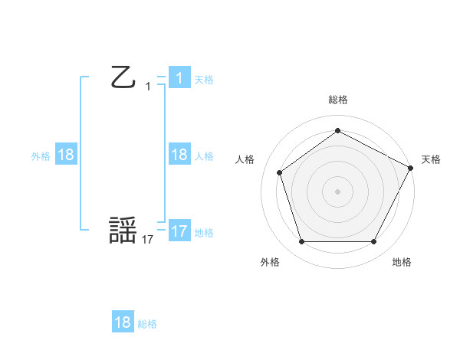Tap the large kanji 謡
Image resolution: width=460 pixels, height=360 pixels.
pos(123,231)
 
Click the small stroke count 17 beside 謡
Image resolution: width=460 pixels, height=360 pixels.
pos(148,240)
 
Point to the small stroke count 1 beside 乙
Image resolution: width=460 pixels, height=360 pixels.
pos(148,87)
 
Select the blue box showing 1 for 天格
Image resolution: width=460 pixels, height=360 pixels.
pos(179,77)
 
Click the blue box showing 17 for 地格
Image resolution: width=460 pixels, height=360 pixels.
pos(179,231)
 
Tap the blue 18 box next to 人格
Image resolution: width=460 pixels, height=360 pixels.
pos(179,154)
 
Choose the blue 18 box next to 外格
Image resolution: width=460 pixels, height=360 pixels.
pos(66,155)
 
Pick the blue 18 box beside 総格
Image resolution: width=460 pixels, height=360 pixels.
pos(123,322)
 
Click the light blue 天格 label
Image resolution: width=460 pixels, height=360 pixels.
pos(204,79)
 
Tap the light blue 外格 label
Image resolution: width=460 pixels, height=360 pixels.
pos(41,155)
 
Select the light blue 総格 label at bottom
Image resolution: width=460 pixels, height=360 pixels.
pos(147,324)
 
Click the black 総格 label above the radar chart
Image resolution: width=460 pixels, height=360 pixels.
pos(337,100)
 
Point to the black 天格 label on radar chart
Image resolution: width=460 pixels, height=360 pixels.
pos(431,159)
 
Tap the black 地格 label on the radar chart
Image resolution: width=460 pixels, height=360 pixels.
pos(402,262)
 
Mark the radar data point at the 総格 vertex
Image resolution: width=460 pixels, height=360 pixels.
pos(337,130)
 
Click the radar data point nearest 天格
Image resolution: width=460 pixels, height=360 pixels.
pos(411,167)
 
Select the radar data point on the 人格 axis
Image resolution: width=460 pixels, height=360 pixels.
pos(280,172)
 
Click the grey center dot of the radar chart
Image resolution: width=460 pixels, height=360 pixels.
pos(337,191)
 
